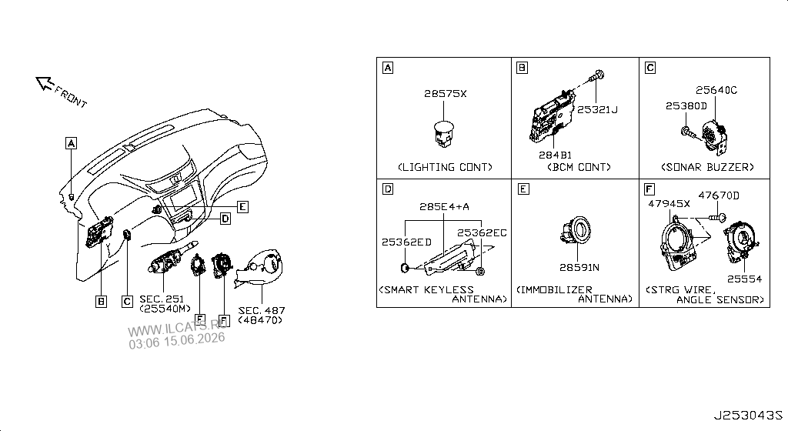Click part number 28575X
[446, 94]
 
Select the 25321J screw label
[597, 109]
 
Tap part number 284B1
[555, 155]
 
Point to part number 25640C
[716, 90]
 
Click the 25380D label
[686, 106]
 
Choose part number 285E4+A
[444, 206]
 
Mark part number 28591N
[579, 268]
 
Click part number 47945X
[669, 203]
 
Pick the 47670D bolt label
[719, 195]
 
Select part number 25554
[744, 279]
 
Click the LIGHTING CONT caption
[446, 167]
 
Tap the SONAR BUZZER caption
[708, 167]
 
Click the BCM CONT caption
[579, 167]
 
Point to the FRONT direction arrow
[45, 83]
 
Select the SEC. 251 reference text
[162, 299]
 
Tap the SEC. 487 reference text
[262, 311]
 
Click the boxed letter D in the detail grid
[388, 189]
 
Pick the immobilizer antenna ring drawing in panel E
[576, 232]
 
